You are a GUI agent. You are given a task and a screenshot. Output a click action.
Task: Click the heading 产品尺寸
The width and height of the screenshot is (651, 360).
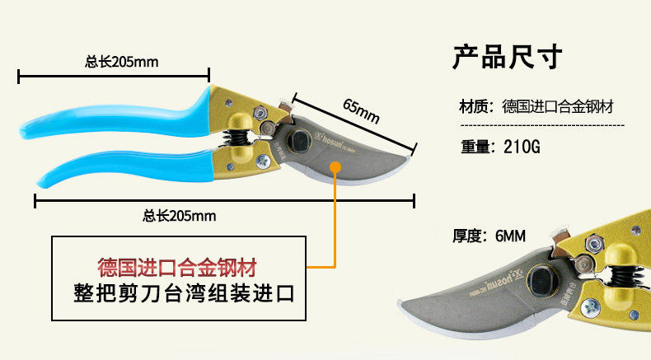(x=507, y=58)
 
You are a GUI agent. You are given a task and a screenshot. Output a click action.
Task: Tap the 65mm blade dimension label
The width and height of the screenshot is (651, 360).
(x=361, y=110)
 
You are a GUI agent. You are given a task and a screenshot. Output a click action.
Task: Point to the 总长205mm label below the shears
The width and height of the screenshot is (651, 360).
(x=179, y=216)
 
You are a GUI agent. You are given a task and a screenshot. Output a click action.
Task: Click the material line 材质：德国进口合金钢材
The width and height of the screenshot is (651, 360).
(x=536, y=107)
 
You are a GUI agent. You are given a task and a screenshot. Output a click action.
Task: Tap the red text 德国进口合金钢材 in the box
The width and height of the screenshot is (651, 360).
(x=176, y=267)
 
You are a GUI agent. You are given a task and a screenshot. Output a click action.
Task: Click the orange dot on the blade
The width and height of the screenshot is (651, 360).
(x=336, y=167)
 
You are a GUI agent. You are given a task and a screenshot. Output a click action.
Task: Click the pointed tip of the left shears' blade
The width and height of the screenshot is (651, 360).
(x=413, y=152)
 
